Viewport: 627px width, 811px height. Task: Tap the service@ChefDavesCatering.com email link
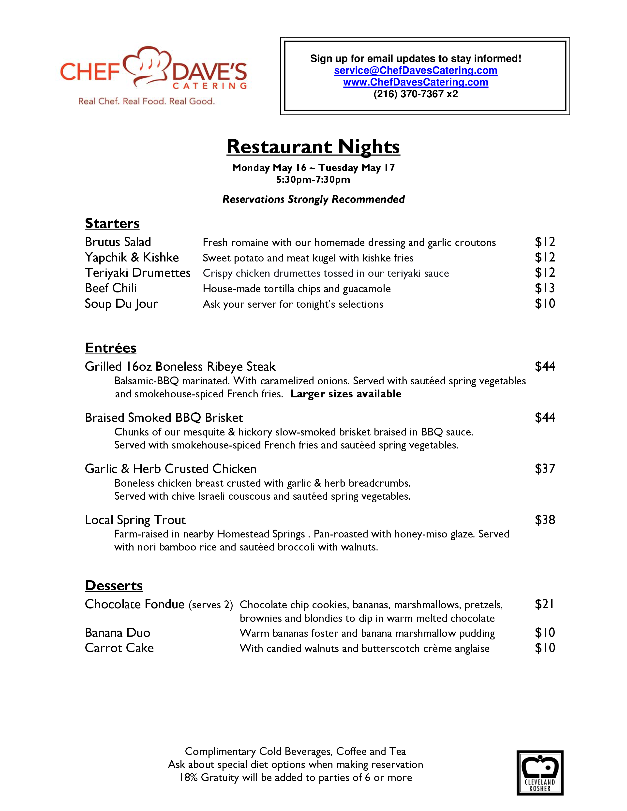(416, 71)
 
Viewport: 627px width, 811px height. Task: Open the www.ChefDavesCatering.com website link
(416, 82)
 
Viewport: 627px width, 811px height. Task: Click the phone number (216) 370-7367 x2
(416, 94)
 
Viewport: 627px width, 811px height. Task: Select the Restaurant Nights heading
(313, 147)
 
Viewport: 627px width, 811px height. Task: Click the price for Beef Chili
(545, 288)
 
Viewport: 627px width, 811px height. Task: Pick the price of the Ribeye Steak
(545, 366)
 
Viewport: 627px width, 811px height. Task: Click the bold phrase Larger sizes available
(345, 394)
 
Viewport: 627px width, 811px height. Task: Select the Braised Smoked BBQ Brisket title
(164, 418)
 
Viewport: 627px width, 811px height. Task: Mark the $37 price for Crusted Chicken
(545, 469)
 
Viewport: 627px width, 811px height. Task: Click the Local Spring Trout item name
(135, 520)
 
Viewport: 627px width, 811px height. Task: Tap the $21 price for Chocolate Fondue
(544, 604)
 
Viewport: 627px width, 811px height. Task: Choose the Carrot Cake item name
(119, 648)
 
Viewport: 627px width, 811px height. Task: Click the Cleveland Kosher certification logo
(540, 773)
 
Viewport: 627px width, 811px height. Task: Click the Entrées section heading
(111, 348)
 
